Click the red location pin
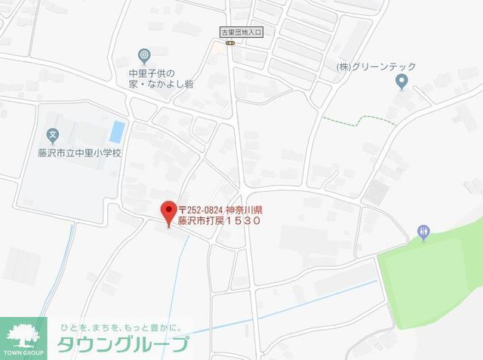coord(168,211)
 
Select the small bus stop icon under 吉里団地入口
coord(231,43)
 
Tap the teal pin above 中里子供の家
coord(145,54)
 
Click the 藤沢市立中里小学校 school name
coord(74,152)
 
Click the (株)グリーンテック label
coord(375,67)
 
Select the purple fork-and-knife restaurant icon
coord(423,232)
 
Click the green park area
coord(430,272)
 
